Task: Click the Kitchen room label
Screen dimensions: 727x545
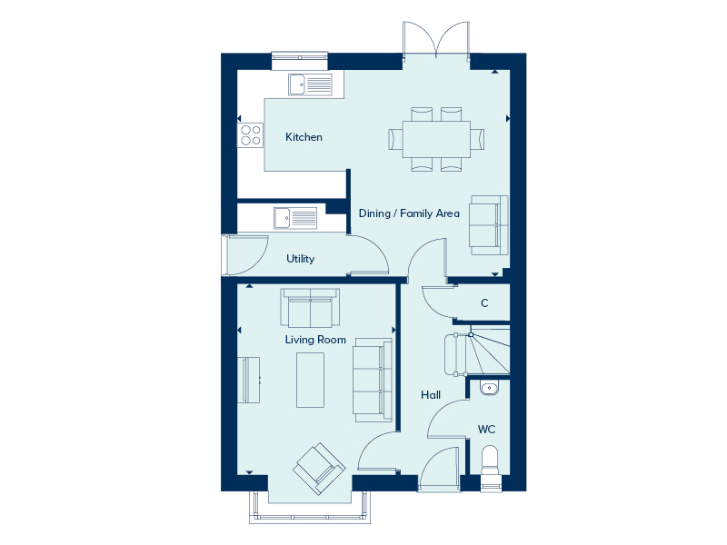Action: [x=304, y=137]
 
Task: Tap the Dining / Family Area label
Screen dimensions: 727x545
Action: [x=409, y=213]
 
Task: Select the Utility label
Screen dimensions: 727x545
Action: [x=301, y=259]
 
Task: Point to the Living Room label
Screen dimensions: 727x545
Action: [x=315, y=340]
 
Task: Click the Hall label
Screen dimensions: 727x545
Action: [x=431, y=395]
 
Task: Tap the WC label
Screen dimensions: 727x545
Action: [x=486, y=430]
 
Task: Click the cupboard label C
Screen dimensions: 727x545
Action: [x=484, y=303]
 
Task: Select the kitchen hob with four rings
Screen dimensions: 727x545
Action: [x=251, y=135]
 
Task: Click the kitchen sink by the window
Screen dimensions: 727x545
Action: [x=310, y=84]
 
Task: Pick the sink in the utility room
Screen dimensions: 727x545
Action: [x=295, y=218]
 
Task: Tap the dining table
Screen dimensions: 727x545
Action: [x=436, y=139]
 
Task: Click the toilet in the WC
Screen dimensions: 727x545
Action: [x=490, y=466]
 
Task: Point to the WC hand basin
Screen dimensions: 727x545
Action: [x=490, y=388]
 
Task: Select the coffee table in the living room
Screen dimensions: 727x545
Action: [x=310, y=380]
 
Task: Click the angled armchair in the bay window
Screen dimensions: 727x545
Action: [x=320, y=469]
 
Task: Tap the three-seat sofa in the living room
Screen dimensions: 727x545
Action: [x=373, y=380]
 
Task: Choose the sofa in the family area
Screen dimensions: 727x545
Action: [x=489, y=225]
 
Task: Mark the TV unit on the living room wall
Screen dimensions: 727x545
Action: [x=248, y=380]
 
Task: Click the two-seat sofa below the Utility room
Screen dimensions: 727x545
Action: [x=310, y=308]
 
